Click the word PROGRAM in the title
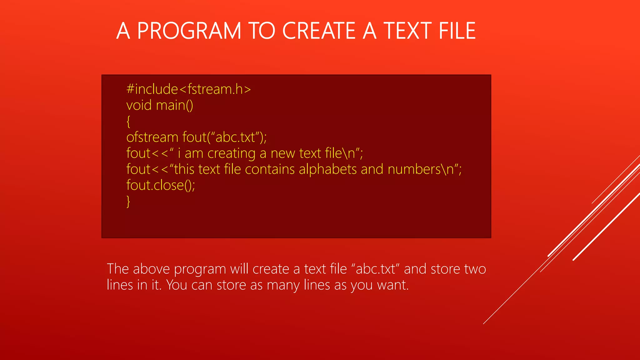[189, 31]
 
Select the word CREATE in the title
[319, 31]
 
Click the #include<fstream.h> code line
[188, 89]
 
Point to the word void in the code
[139, 105]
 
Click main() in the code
[174, 105]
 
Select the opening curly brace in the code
[128, 122]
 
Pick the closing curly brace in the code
[128, 202]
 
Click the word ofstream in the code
[152, 137]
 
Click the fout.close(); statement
[161, 185]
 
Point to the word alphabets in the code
[327, 169]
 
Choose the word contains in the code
[270, 169]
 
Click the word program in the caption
[200, 269]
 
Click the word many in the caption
[283, 285]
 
